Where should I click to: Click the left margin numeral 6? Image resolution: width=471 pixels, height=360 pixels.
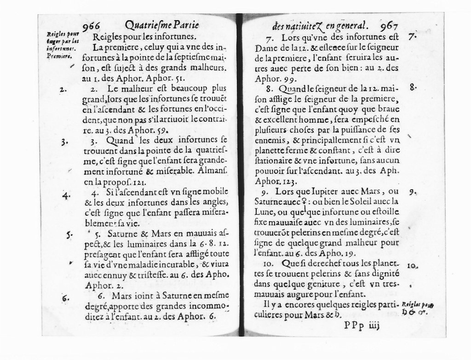pyautogui.click(x=66, y=297)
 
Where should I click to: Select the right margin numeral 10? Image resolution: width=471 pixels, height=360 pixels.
pyautogui.click(x=412, y=265)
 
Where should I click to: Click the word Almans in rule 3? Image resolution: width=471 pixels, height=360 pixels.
pyautogui.click(x=214, y=170)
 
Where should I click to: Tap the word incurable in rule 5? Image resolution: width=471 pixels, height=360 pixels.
pyautogui.click(x=176, y=265)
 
